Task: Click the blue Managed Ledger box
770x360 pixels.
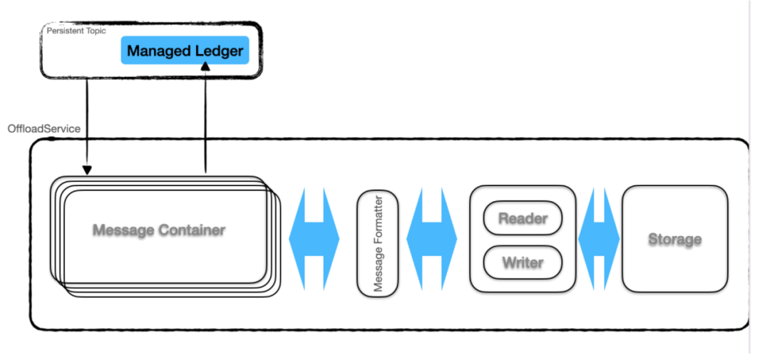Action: pyautogui.click(x=185, y=50)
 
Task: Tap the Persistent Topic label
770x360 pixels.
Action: pyautogui.click(x=76, y=31)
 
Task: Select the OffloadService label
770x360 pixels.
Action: pyautogui.click(x=43, y=129)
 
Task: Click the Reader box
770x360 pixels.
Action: pyautogui.click(x=523, y=217)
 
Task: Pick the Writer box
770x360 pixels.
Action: pyautogui.click(x=523, y=262)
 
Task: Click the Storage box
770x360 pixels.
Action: pyautogui.click(x=674, y=239)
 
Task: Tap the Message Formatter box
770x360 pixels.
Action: pyautogui.click(x=378, y=244)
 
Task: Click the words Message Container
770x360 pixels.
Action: pyautogui.click(x=159, y=230)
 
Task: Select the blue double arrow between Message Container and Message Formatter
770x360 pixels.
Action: pyautogui.click(x=314, y=239)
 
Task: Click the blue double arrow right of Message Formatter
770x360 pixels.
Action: pyautogui.click(x=431, y=239)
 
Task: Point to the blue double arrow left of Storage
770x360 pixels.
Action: pyautogui.click(x=599, y=239)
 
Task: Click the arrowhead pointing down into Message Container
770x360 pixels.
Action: pyautogui.click(x=87, y=170)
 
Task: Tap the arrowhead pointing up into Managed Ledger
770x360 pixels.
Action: pyautogui.click(x=205, y=66)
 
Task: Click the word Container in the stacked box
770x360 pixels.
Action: pyautogui.click(x=192, y=230)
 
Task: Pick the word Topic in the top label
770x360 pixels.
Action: pyautogui.click(x=96, y=31)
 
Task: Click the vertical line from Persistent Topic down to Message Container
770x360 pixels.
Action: pyautogui.click(x=87, y=123)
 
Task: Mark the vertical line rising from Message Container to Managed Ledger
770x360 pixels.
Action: pyautogui.click(x=205, y=123)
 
